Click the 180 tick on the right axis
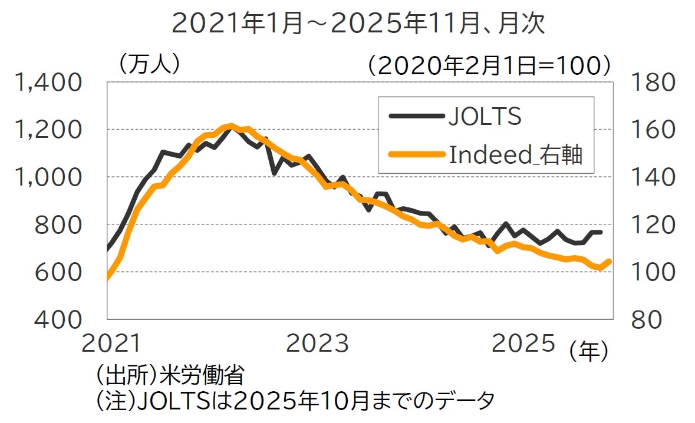point(654,82)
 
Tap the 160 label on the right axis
point(654,130)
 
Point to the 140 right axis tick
point(654,177)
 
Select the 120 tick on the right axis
point(654,225)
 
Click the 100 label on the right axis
point(654,272)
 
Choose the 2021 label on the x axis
point(112,343)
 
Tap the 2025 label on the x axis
point(523,343)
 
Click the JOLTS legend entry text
point(485,117)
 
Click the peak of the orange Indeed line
point(230,125)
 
